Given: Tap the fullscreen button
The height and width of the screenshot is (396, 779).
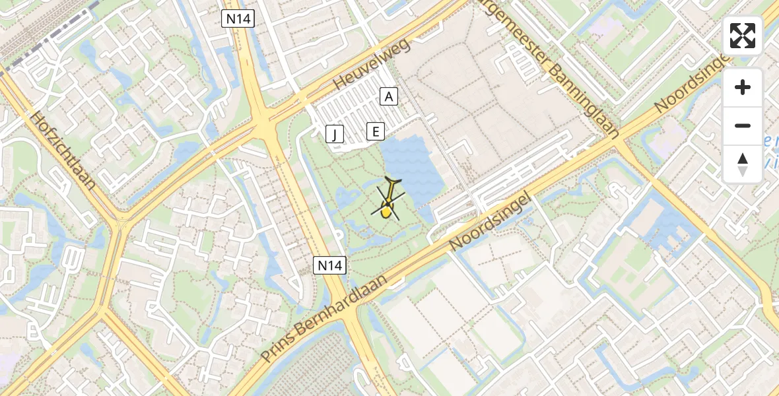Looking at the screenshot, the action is tap(743, 36).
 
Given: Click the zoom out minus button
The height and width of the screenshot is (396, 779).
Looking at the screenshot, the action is tap(743, 125).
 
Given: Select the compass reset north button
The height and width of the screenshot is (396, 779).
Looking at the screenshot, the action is tap(743, 164).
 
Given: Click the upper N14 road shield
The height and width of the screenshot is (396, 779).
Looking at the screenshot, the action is tap(238, 19).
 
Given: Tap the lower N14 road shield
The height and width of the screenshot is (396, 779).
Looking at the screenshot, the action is tap(329, 266).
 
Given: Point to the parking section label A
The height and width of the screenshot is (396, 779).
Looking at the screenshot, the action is tap(389, 97).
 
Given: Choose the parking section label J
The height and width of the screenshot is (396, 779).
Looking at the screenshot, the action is tap(335, 135).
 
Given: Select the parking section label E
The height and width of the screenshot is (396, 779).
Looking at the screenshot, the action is tap(375, 131).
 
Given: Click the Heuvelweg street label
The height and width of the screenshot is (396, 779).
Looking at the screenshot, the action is tap(372, 64).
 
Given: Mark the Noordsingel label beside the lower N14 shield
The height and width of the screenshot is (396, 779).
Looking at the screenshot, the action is tap(490, 222).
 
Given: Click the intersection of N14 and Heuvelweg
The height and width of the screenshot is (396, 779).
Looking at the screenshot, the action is tap(264, 121).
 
